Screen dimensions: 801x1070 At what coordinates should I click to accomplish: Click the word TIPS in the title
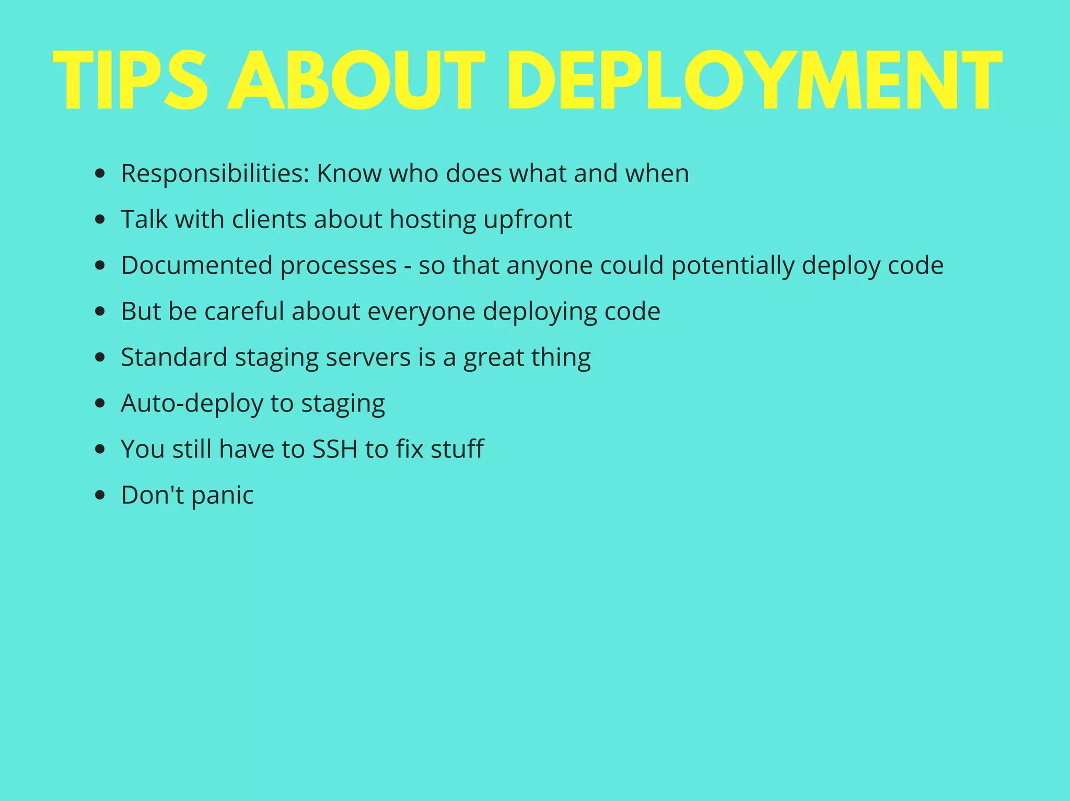pyautogui.click(x=131, y=81)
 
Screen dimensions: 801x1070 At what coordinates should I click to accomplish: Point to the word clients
pyautogui.click(x=269, y=219)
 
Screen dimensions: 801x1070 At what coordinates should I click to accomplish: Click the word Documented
pyautogui.click(x=197, y=265)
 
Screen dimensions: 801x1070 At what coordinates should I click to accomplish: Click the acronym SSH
pyautogui.click(x=335, y=449)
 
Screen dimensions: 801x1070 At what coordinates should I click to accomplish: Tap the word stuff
pyautogui.click(x=457, y=449)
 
